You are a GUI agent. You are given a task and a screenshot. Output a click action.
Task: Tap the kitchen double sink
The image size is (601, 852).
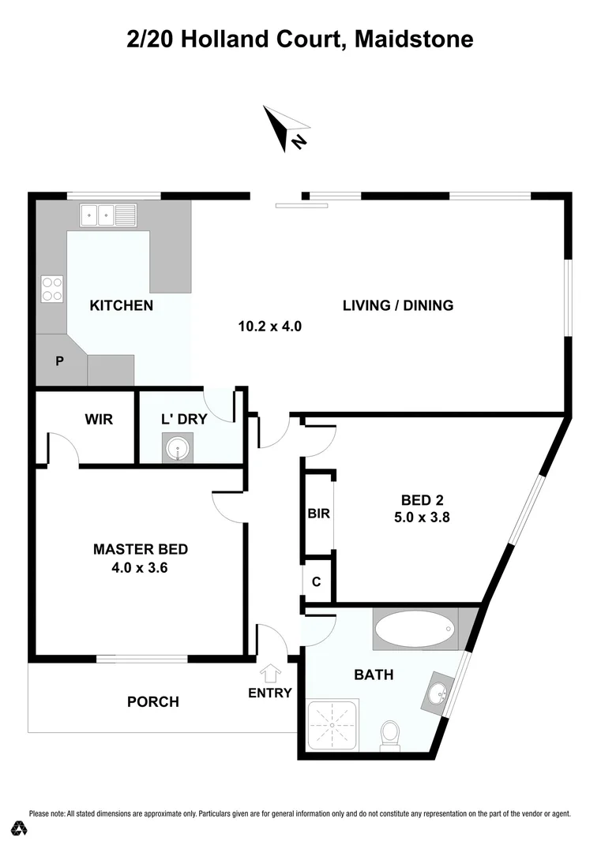pos(107,213)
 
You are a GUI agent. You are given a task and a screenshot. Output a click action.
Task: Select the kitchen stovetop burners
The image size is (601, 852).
pos(52,289)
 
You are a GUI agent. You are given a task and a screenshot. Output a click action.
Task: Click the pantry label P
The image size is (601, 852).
pos(59,361)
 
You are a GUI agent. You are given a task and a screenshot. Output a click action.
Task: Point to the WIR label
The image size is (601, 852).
pos(99,419)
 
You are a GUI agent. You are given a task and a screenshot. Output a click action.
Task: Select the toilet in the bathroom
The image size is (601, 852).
pos(389,734)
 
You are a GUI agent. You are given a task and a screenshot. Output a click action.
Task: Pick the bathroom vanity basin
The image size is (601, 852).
pos(437,695)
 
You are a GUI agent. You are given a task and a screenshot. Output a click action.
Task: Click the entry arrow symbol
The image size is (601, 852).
pos(270,673)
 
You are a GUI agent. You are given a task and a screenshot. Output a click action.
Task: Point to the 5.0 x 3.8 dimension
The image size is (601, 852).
pos(422,518)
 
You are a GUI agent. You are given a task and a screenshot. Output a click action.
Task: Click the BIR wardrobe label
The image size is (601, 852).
pos(318,514)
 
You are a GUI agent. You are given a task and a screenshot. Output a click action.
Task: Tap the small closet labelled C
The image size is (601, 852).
pos(317,582)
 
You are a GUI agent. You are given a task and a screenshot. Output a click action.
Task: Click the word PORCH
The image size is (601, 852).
pos(153,701)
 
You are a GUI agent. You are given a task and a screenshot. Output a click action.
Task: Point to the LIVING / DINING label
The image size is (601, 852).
pos(397,305)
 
